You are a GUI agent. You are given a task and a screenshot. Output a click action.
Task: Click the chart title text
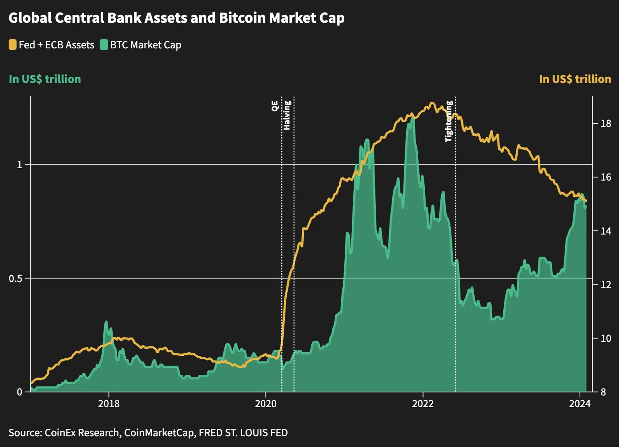pyautogui.click(x=176, y=18)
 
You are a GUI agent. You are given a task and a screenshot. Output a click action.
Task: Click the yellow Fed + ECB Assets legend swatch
pyautogui.click(x=12, y=45)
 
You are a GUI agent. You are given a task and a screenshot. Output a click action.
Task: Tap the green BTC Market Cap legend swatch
pyautogui.click(x=104, y=45)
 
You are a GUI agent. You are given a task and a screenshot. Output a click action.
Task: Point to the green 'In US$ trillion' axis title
pyautogui.click(x=45, y=79)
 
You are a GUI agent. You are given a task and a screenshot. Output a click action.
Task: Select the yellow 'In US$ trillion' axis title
pyautogui.click(x=575, y=79)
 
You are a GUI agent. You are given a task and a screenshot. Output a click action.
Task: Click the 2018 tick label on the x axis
pyautogui.click(x=109, y=404)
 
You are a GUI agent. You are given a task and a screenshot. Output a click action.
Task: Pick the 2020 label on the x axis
pyautogui.click(x=266, y=404)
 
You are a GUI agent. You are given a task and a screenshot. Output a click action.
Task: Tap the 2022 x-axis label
pyautogui.click(x=423, y=404)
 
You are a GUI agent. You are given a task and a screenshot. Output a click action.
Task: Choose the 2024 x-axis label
pyautogui.click(x=580, y=404)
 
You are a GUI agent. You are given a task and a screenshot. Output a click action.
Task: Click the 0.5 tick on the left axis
pyautogui.click(x=15, y=278)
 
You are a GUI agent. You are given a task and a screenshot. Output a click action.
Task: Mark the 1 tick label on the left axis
pyautogui.click(x=20, y=165)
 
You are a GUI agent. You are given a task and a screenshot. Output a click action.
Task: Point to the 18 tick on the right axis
pyautogui.click(x=606, y=123)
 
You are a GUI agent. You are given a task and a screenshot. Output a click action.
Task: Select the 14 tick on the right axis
pyautogui.click(x=606, y=231)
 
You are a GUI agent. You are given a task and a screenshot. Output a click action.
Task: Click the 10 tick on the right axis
pyautogui.click(x=606, y=338)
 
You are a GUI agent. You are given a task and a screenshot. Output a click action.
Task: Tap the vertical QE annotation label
pyautogui.click(x=275, y=106)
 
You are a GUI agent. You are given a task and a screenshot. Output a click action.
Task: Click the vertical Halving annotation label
pyautogui.click(x=287, y=115)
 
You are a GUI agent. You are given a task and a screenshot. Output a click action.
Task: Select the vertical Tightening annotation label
pyautogui.click(x=449, y=121)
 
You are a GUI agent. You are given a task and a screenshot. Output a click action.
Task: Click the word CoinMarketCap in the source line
pyautogui.click(x=159, y=433)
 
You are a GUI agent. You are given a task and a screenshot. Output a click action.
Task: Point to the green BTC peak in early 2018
pyautogui.click(x=106, y=322)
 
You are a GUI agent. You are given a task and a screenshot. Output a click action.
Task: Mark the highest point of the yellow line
pyautogui.click(x=432, y=103)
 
